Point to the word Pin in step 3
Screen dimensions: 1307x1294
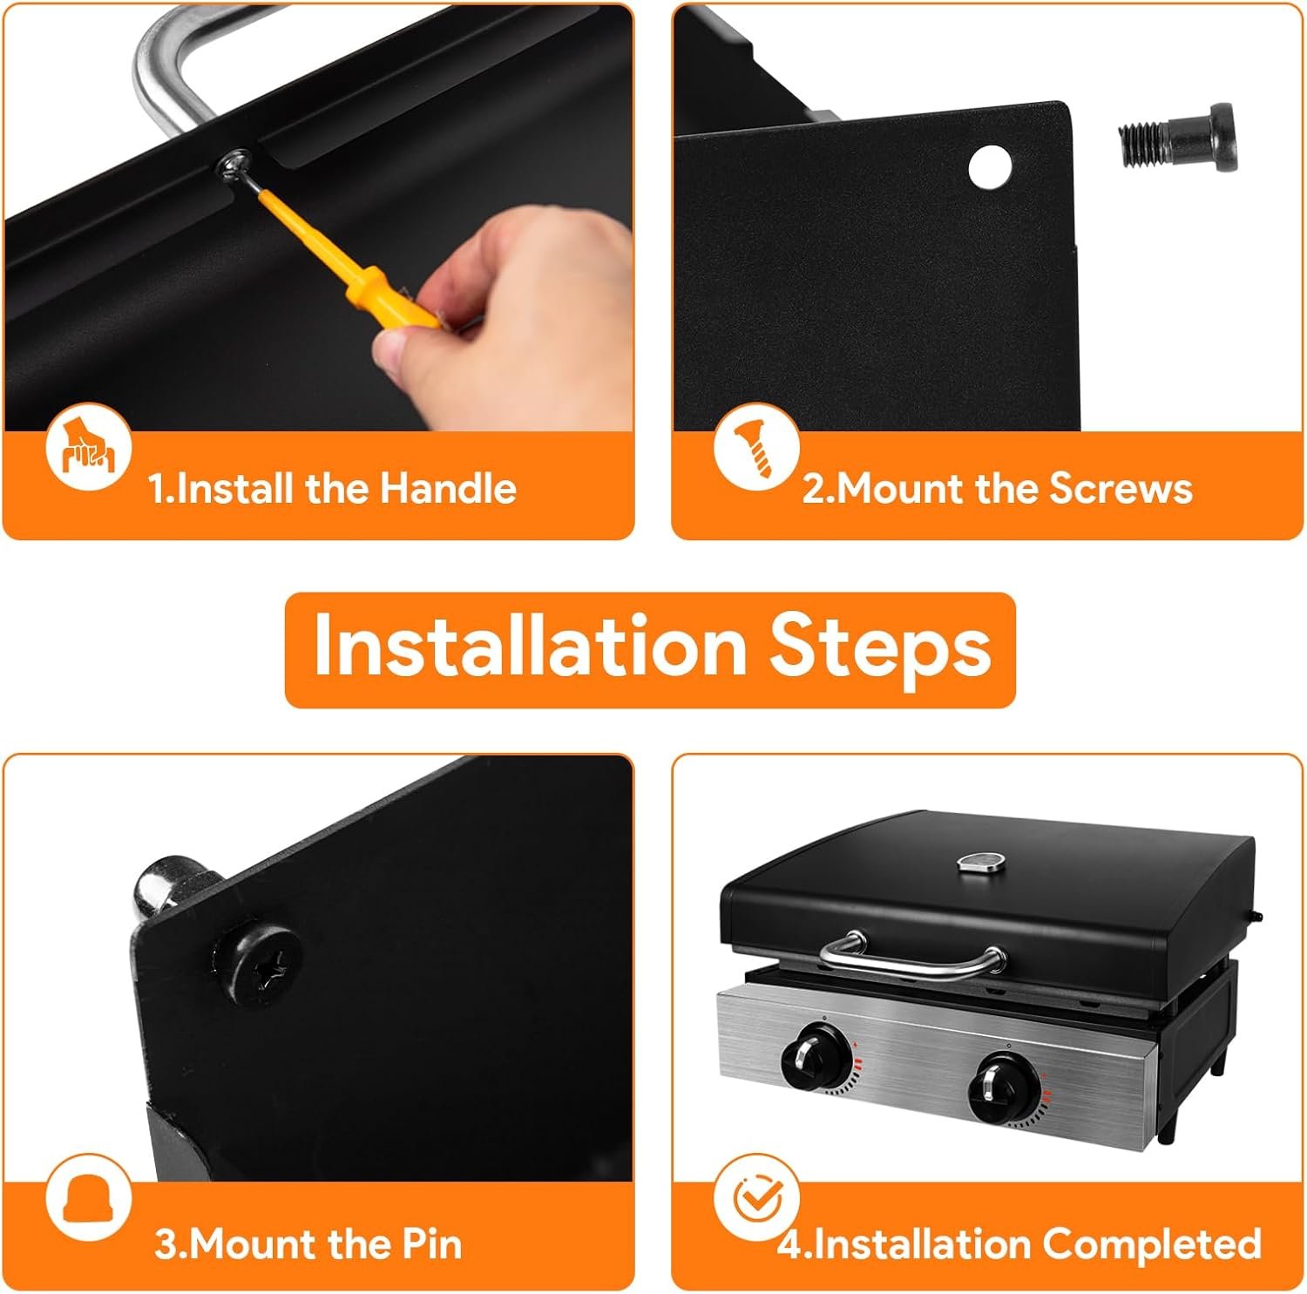click(432, 1243)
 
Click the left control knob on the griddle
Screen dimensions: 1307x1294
click(816, 1057)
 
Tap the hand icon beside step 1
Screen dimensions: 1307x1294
click(88, 446)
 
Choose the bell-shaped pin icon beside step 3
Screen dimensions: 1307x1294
click(88, 1197)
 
